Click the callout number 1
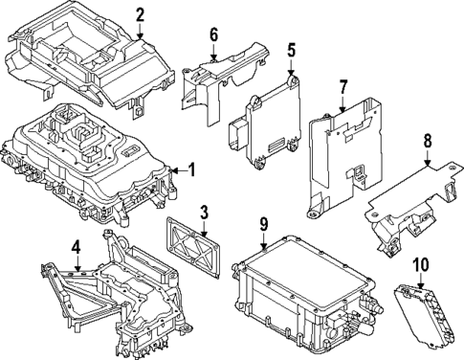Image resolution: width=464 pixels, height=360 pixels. [191, 170]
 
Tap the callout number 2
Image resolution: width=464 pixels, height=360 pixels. [140, 14]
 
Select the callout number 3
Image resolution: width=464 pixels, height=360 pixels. [204, 212]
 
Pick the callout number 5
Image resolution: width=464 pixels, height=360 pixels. [291, 50]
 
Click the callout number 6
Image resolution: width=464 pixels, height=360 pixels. [213, 35]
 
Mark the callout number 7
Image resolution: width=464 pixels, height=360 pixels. [342, 90]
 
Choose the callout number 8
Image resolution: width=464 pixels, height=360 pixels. [428, 143]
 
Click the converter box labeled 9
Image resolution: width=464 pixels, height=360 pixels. [297, 292]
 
